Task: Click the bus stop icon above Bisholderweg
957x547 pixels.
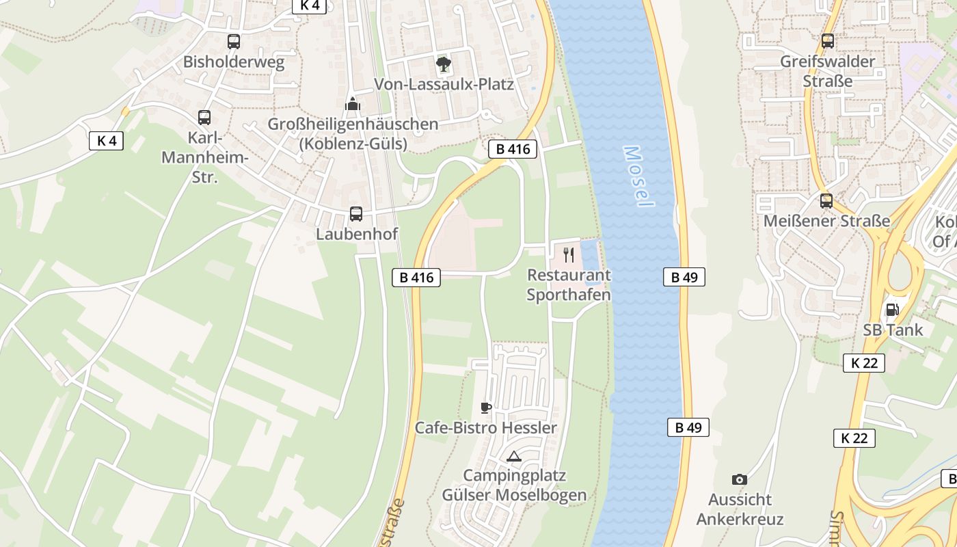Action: point(234,41)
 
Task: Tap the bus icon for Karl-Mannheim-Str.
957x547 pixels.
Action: point(204,117)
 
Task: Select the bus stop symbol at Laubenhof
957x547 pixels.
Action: point(356,213)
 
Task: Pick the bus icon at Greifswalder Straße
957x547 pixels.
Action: point(828,41)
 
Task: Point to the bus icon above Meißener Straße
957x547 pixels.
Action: point(826,200)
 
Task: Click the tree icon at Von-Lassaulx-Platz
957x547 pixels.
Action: point(444,64)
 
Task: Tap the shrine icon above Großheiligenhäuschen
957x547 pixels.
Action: point(353,104)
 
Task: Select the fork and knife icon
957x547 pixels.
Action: point(569,255)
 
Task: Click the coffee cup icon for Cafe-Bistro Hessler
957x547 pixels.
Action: point(485,408)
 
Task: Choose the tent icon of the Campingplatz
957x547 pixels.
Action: point(514,456)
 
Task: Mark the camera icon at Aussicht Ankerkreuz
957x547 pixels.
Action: point(740,479)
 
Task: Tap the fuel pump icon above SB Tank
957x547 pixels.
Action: point(892,309)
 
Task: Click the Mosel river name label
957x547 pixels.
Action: point(638,176)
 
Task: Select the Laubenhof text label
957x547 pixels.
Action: point(356,234)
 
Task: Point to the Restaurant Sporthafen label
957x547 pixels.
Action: point(569,285)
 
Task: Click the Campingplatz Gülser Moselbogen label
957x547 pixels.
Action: point(514,485)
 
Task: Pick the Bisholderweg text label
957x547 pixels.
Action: point(234,62)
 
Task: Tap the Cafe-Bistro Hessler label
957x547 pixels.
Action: point(486,428)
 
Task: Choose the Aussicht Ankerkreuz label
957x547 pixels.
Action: point(740,509)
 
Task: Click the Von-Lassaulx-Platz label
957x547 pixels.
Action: point(444,85)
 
